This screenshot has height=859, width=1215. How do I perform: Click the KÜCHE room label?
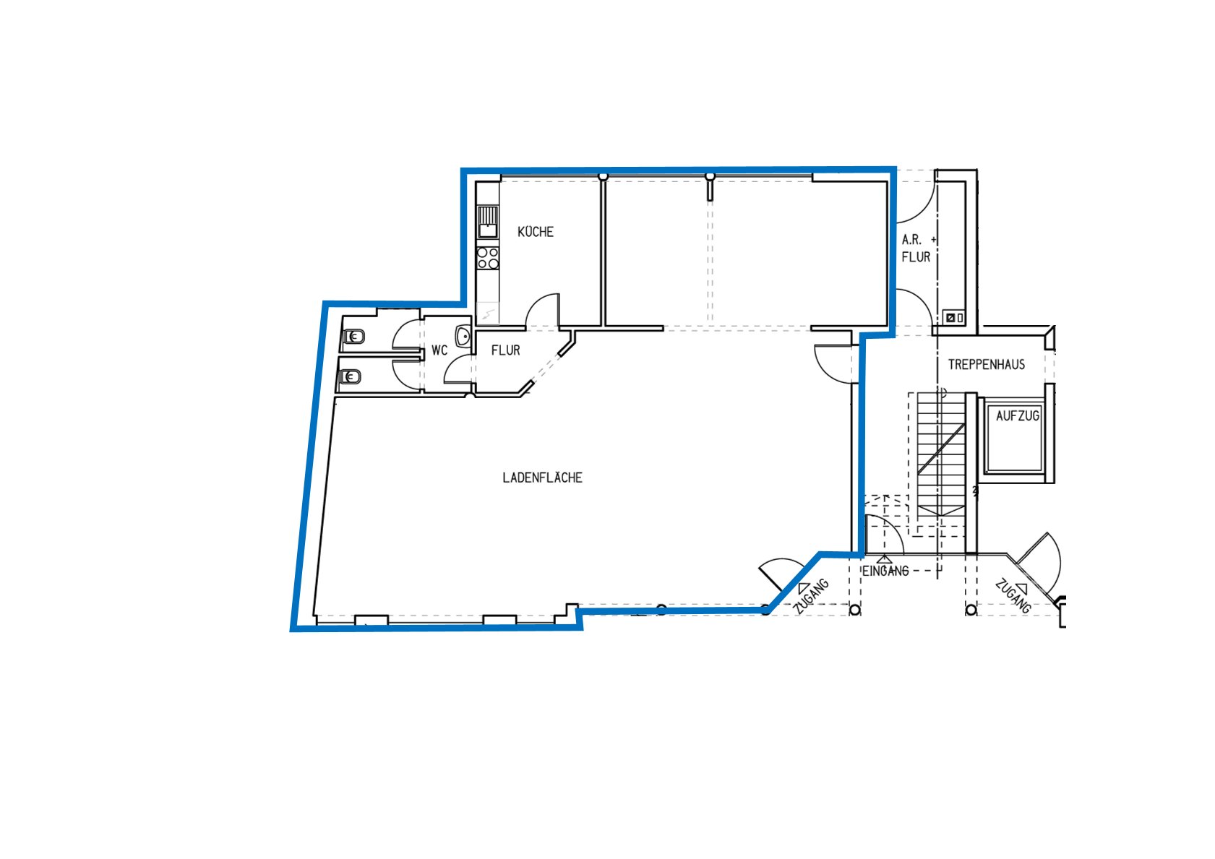[536, 232]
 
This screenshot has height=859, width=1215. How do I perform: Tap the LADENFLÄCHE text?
[542, 478]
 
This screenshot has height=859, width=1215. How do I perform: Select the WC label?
[439, 351]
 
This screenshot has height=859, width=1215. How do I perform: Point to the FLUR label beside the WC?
[505, 351]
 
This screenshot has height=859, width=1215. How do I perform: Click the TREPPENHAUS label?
[986, 365]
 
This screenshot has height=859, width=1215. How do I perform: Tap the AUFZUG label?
[1017, 416]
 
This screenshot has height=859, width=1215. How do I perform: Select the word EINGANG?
[885, 571]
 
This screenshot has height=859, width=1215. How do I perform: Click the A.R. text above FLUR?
[911, 240]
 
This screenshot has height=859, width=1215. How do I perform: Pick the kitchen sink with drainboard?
[488, 222]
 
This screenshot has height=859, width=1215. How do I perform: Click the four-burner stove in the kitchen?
[488, 258]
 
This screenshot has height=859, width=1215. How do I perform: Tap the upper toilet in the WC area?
[353, 337]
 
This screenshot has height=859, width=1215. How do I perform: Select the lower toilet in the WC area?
[351, 376]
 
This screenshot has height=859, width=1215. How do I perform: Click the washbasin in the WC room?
[463, 336]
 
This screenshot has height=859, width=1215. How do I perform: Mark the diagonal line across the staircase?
[941, 449]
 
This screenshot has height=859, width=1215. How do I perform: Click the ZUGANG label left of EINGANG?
[812, 597]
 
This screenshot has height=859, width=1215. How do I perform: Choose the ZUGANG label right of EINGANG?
[1013, 597]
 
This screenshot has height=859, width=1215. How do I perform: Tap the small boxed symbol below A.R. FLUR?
[954, 317]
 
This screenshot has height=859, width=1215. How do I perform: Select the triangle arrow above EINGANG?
[885, 558]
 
